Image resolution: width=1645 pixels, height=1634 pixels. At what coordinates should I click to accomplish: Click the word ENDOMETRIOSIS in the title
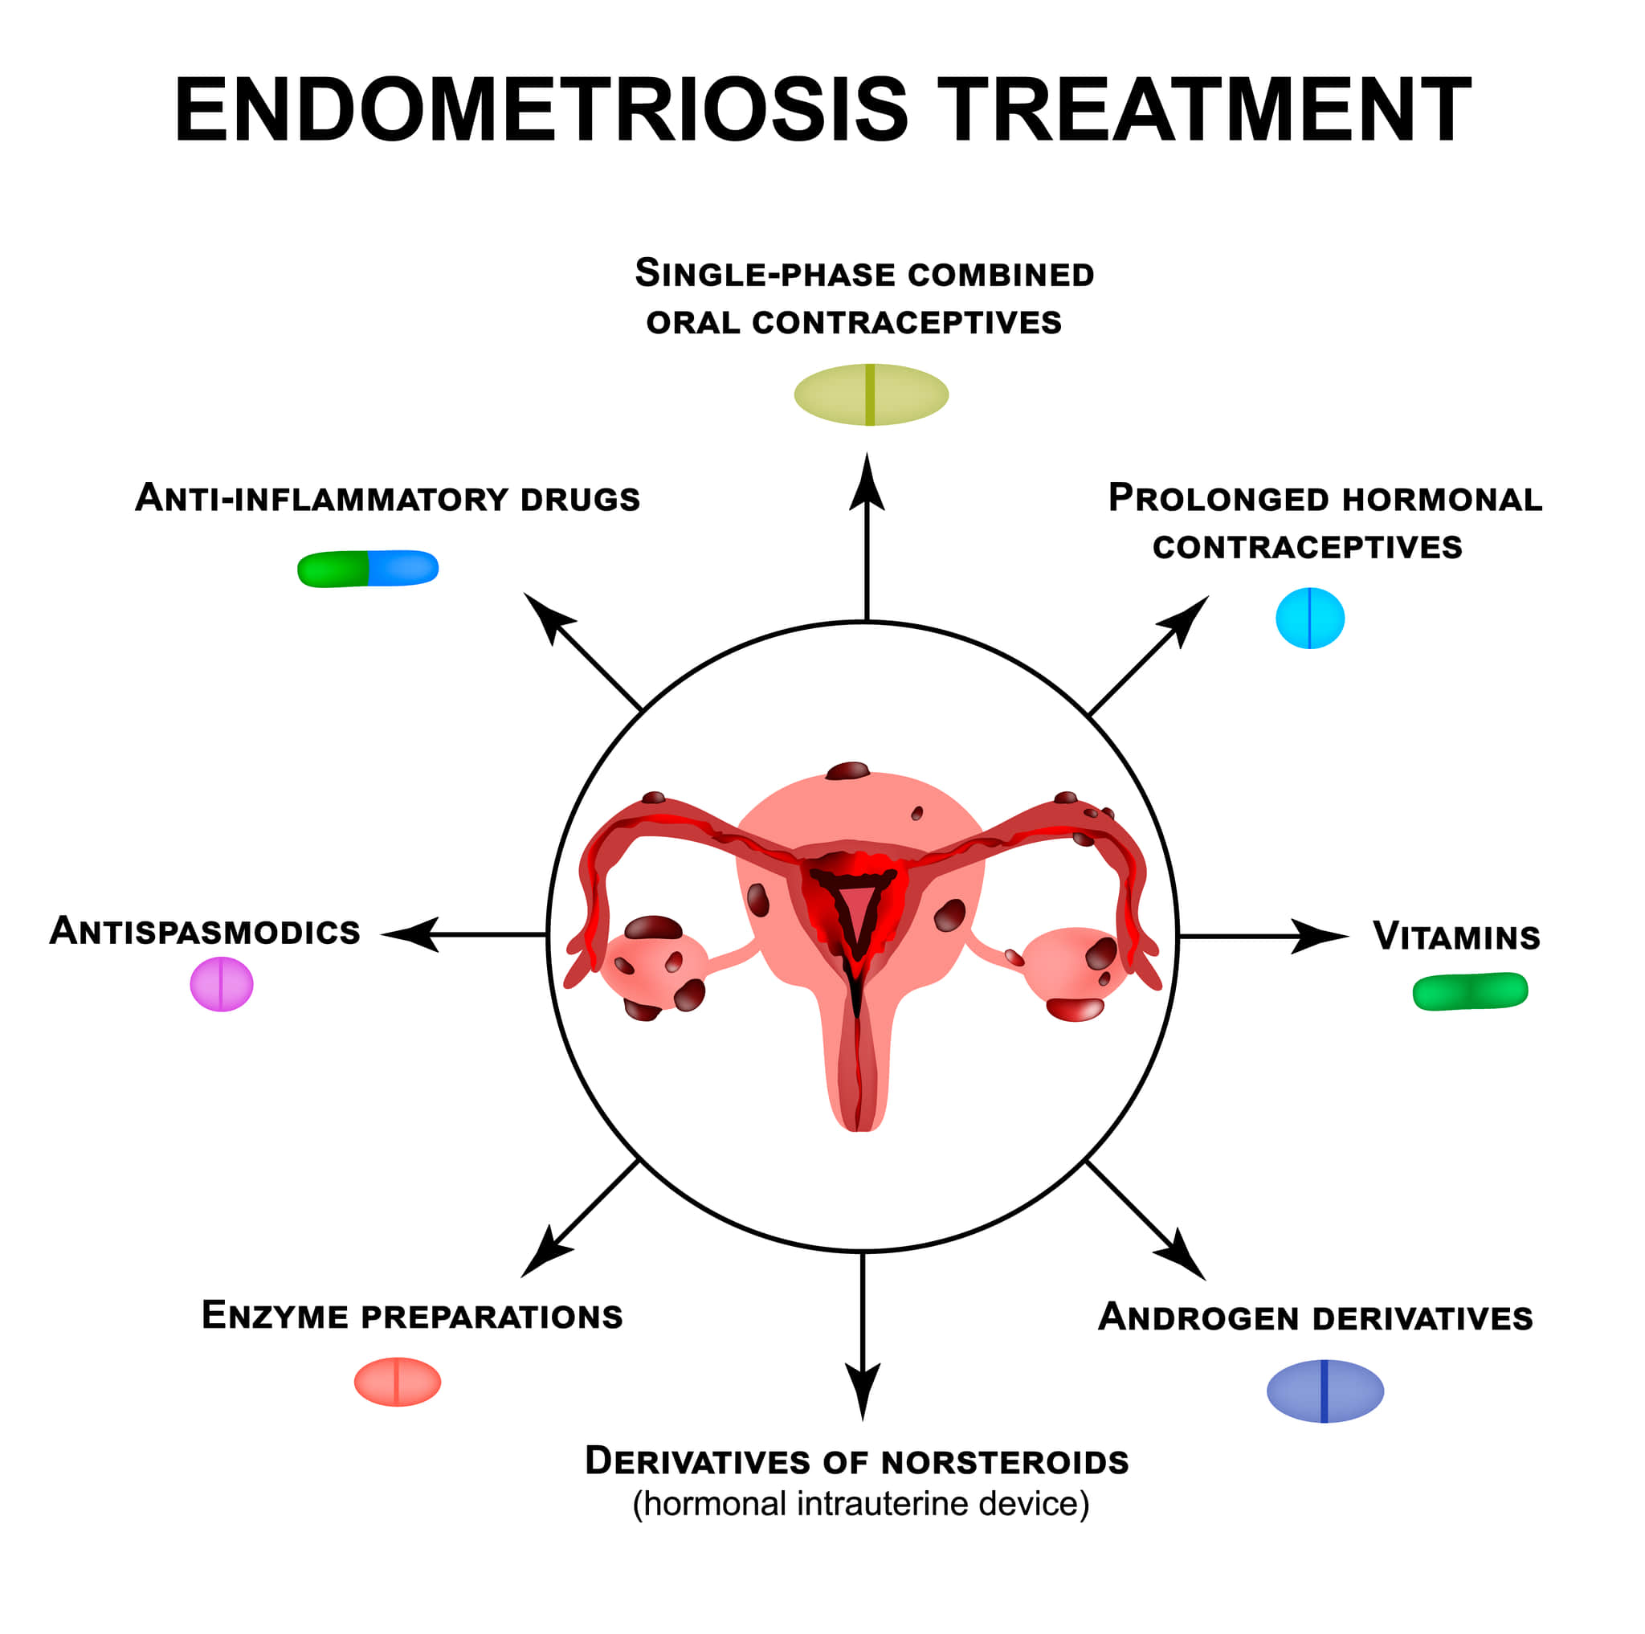click(x=541, y=110)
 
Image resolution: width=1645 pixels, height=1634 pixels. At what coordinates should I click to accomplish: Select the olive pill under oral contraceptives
click(x=871, y=394)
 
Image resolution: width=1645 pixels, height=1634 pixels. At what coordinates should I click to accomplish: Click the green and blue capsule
click(x=368, y=568)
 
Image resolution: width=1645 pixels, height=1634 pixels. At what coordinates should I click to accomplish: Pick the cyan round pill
click(x=1309, y=619)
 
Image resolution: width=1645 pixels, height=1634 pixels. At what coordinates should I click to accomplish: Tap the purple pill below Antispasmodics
click(x=222, y=984)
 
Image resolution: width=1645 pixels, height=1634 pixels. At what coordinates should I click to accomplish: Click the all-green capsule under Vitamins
click(x=1470, y=991)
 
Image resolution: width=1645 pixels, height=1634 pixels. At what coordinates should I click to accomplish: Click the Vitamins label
click(x=1457, y=937)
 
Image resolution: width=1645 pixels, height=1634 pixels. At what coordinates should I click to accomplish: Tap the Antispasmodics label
click(x=205, y=931)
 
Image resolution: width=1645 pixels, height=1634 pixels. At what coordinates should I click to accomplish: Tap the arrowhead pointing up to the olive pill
click(x=867, y=483)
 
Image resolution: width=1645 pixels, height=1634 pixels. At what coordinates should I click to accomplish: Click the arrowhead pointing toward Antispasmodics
click(x=410, y=934)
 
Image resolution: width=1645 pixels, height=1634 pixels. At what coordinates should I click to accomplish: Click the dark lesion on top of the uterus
click(x=847, y=771)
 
